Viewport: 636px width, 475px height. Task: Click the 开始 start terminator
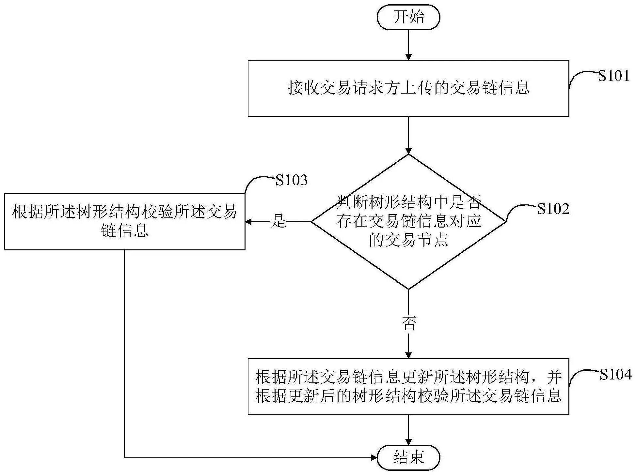point(408,17)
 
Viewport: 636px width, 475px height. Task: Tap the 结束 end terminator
point(408,457)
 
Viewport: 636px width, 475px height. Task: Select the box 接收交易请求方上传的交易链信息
point(408,88)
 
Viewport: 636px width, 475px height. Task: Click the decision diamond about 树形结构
point(408,222)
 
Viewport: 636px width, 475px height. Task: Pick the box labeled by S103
point(124,222)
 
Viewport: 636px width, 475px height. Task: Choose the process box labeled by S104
point(408,387)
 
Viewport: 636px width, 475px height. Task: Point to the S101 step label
point(613,76)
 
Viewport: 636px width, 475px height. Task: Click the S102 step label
point(553,209)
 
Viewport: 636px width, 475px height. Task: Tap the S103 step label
point(291,180)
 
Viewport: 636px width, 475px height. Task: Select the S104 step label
point(615,375)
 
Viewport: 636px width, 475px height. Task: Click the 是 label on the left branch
point(278,222)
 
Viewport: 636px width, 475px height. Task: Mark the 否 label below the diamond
point(408,324)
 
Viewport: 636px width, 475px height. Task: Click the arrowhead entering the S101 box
point(408,57)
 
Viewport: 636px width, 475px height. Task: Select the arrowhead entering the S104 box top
point(408,355)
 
